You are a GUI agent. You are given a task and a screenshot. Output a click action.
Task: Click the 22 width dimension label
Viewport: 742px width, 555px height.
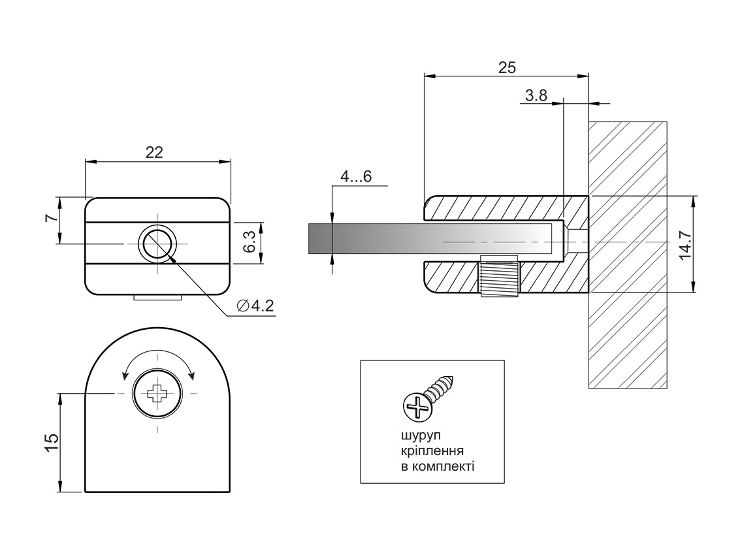point(154,152)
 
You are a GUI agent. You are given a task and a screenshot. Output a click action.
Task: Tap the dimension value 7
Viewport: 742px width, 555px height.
point(51,218)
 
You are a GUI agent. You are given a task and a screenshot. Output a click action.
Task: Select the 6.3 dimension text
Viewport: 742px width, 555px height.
point(250,242)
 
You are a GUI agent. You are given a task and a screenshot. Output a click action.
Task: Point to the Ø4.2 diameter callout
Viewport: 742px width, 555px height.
point(255,306)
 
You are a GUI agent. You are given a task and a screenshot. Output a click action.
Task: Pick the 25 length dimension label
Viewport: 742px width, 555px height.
point(507,67)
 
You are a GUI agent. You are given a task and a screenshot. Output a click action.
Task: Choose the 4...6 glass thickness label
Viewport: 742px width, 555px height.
point(356,177)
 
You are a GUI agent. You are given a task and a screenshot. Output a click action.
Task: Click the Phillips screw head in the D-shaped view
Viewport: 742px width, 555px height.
point(157,393)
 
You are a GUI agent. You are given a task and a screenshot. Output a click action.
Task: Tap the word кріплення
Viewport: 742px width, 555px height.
point(432,451)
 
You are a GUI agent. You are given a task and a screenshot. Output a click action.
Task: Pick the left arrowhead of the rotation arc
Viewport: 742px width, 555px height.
point(125,375)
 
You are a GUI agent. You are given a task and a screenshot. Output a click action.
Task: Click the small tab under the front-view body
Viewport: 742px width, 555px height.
point(157,297)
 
